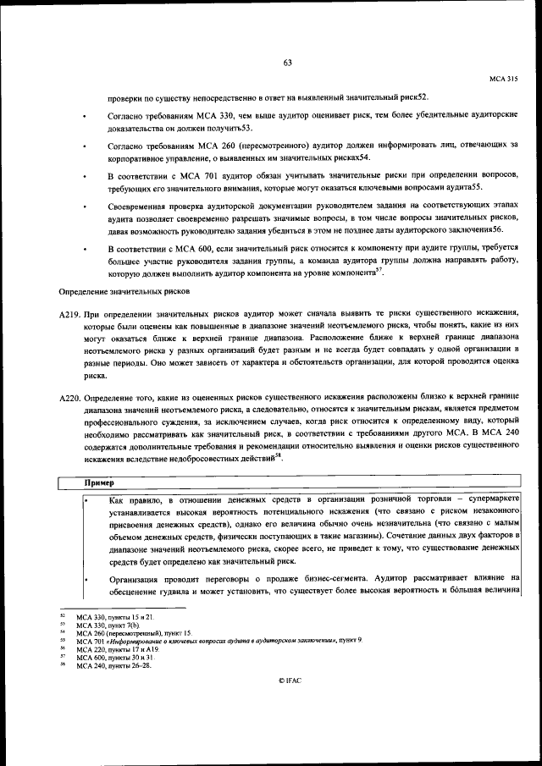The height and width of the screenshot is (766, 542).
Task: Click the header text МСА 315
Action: point(503,78)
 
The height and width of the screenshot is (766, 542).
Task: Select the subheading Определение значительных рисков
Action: point(124,292)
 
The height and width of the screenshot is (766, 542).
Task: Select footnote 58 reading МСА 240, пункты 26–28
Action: point(114,666)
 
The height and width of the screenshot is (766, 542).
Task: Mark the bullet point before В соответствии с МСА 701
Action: point(85,175)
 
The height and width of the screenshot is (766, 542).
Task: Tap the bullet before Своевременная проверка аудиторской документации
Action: point(85,206)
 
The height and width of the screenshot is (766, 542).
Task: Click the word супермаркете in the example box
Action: point(490,501)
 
